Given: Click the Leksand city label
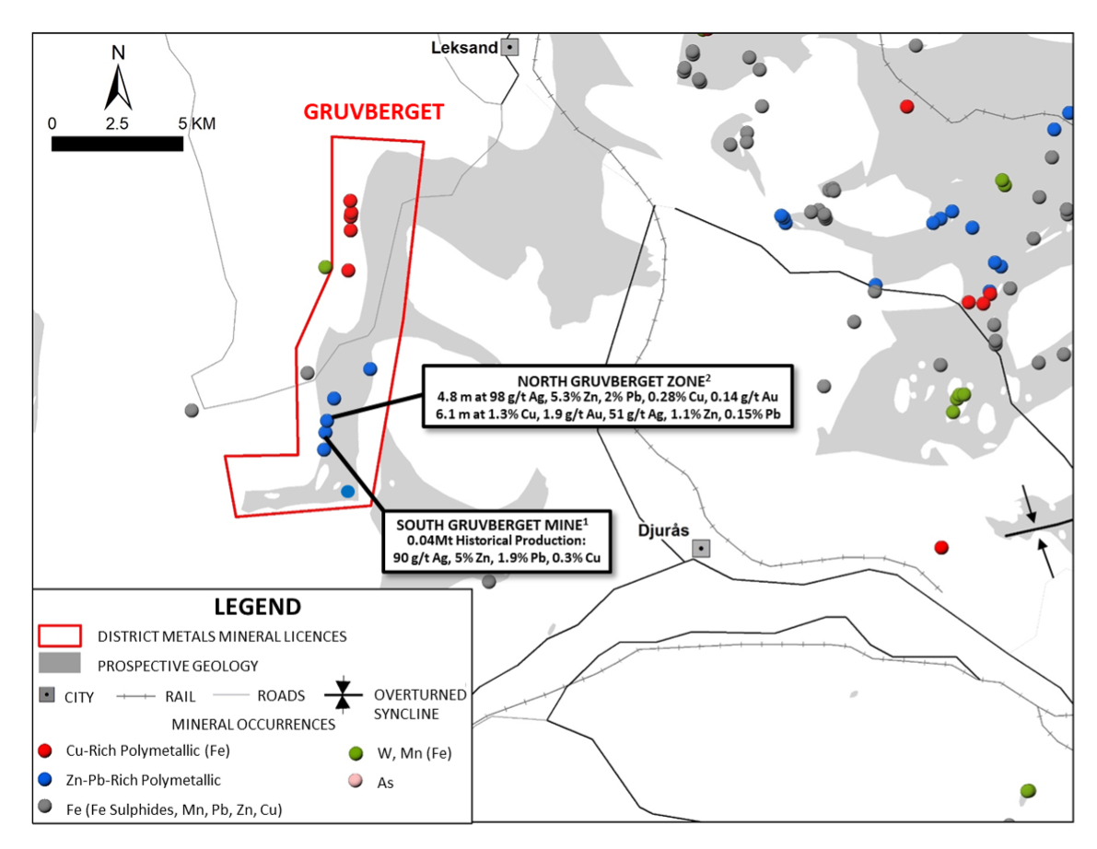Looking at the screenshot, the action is [x=464, y=48].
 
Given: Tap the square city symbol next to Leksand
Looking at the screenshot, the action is [x=510, y=48].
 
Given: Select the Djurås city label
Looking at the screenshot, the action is [x=663, y=530].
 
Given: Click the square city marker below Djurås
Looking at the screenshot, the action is [x=701, y=548].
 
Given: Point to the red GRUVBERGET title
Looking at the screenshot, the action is [x=374, y=112].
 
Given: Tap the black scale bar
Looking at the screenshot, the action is [x=117, y=144].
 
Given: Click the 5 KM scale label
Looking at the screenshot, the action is [x=196, y=123].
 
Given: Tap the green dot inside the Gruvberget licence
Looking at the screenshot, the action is [x=324, y=266].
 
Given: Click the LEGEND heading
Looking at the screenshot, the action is [x=258, y=606].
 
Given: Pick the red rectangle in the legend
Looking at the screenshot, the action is [x=60, y=635].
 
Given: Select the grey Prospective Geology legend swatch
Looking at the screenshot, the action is [x=60, y=663].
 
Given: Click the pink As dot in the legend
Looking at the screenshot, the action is [x=356, y=781].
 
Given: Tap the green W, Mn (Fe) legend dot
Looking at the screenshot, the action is [x=356, y=753].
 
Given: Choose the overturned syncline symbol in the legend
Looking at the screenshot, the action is [x=343, y=694].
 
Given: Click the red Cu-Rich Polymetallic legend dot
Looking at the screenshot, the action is [x=45, y=750].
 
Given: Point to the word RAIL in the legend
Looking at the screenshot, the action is [x=180, y=696].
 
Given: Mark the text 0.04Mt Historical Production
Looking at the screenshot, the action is [x=496, y=541].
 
